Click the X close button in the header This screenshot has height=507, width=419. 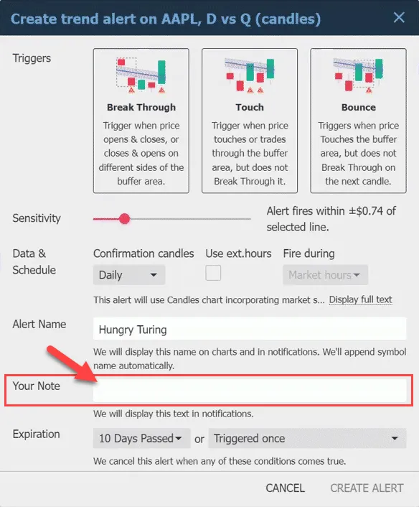(399, 17)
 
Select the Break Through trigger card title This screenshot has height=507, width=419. (141, 107)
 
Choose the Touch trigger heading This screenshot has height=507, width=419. (250, 107)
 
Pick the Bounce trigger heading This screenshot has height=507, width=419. (358, 107)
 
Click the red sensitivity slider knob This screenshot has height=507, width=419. (124, 219)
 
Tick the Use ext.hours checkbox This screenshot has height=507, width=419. (213, 273)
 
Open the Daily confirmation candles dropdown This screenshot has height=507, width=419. (129, 275)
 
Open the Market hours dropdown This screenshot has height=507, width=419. (325, 275)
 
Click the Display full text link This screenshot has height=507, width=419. (361, 299)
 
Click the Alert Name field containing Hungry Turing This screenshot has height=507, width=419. (250, 329)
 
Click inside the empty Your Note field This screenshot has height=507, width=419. (250, 391)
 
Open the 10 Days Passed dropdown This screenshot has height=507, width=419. (142, 438)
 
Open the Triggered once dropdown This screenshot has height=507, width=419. (307, 438)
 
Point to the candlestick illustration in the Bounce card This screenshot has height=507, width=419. (358, 75)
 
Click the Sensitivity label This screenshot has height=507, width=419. (37, 218)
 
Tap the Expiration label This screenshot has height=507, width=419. (36, 434)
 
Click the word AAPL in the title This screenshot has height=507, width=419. (179, 19)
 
